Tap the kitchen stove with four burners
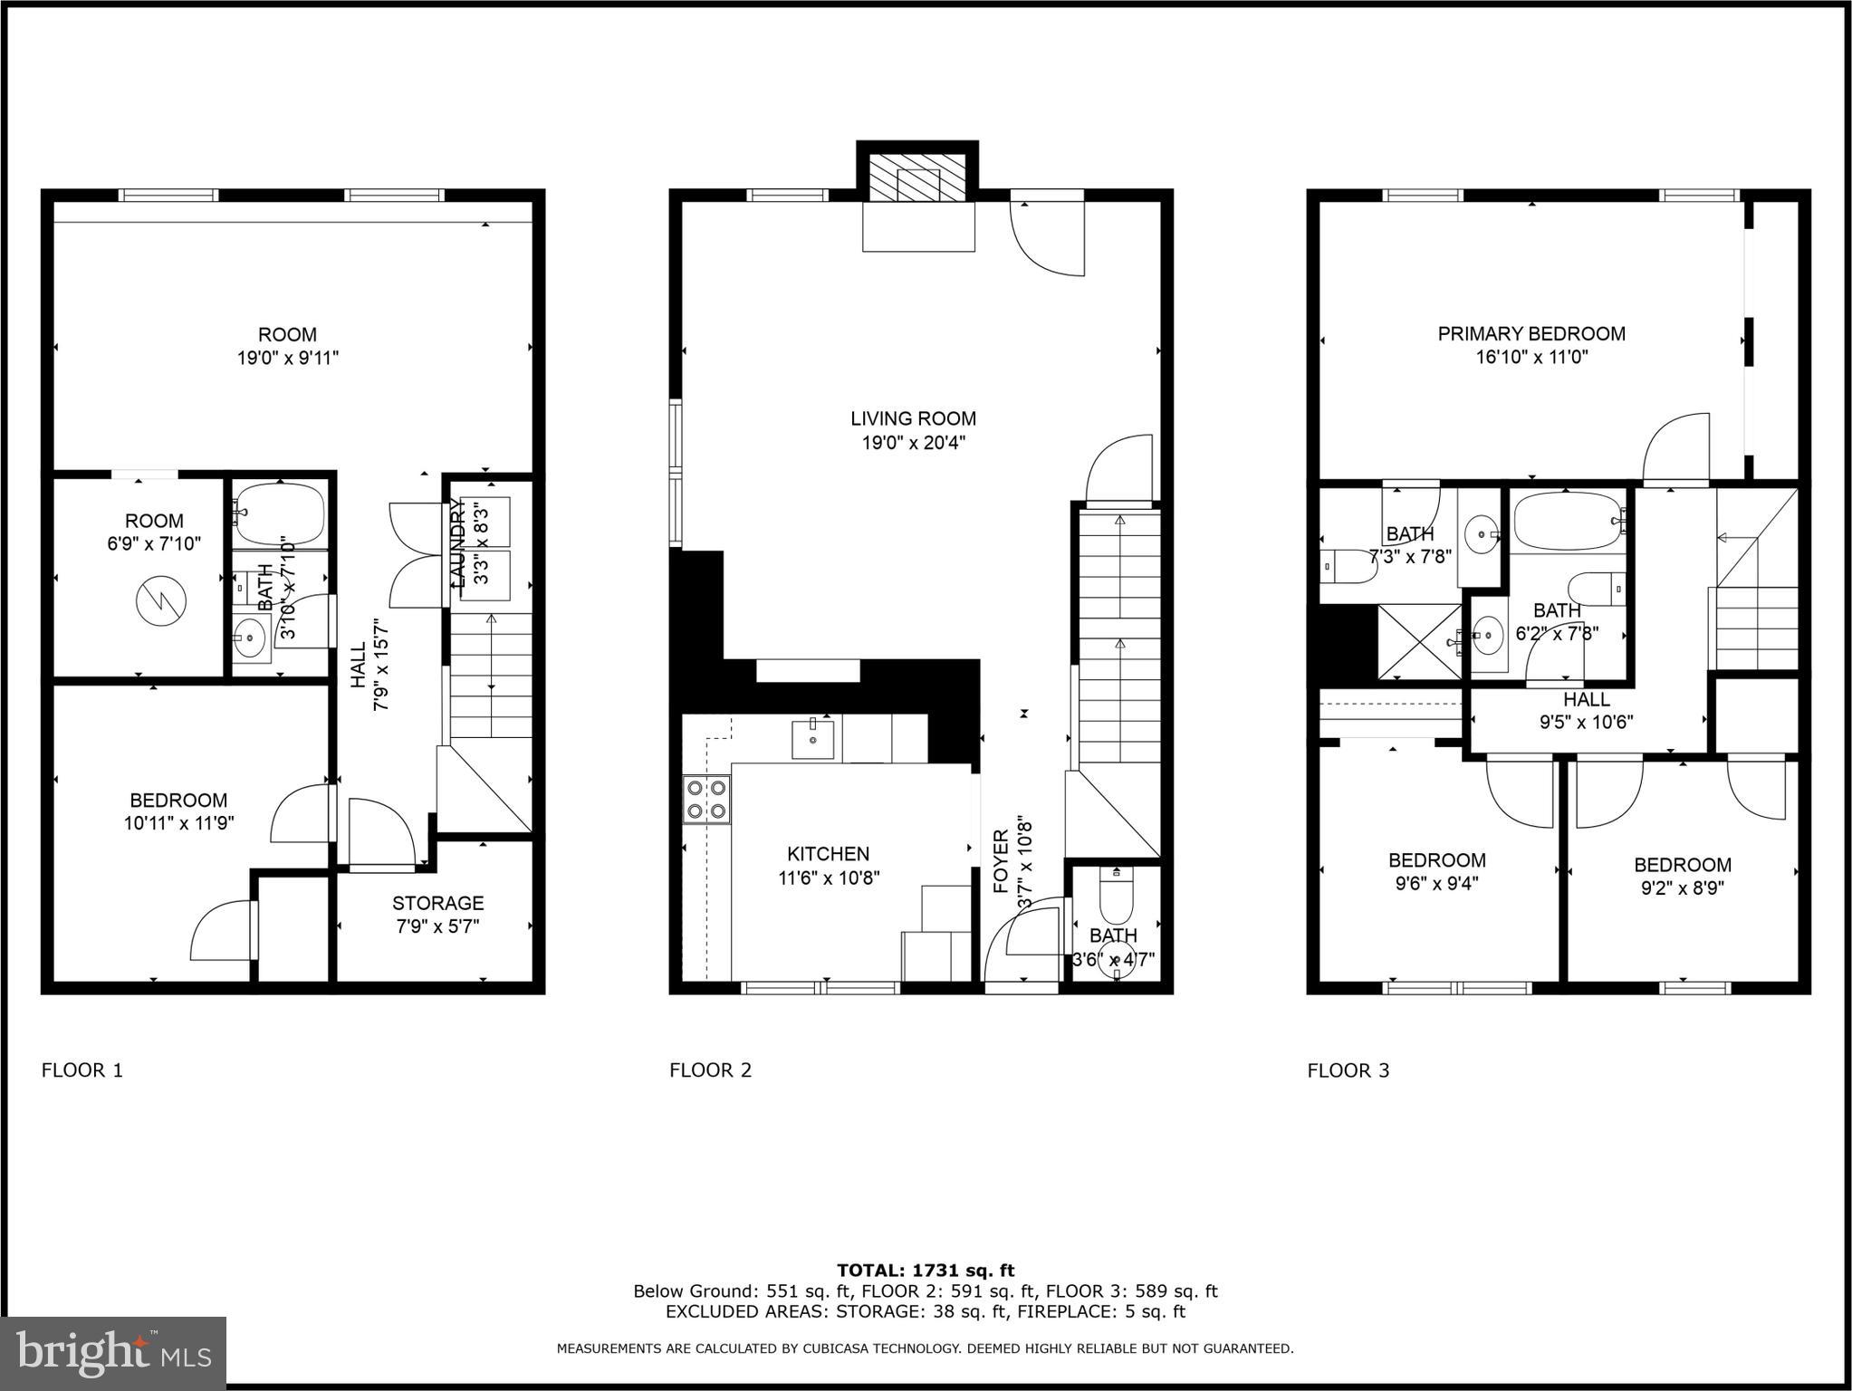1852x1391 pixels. [706, 799]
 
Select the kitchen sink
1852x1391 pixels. [812, 739]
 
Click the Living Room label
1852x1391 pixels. [913, 419]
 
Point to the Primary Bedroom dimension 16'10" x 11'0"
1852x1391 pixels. [1531, 358]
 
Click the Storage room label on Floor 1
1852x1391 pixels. [437, 903]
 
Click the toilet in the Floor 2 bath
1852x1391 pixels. [1116, 894]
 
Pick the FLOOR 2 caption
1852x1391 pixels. [710, 1070]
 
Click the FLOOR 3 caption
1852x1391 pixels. [1348, 1070]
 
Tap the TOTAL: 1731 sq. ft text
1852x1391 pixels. [925, 1271]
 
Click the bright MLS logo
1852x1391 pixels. [113, 1353]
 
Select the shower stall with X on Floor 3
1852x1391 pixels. [1418, 642]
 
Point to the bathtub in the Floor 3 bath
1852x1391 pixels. [1569, 521]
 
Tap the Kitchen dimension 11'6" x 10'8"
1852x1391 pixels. [828, 878]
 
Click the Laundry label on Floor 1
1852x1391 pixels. [456, 545]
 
